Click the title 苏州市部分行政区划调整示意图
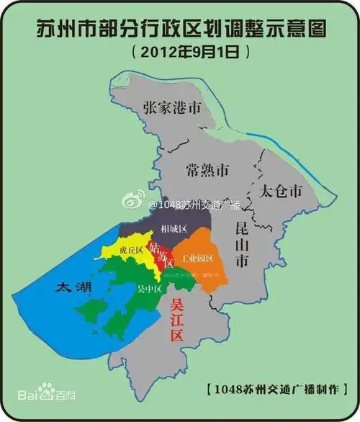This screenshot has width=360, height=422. point(180,28)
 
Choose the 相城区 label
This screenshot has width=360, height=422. point(174,228)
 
